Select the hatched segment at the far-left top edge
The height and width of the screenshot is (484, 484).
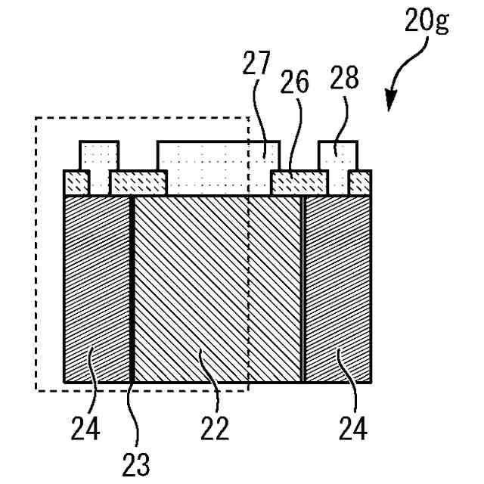(x=76, y=183)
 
